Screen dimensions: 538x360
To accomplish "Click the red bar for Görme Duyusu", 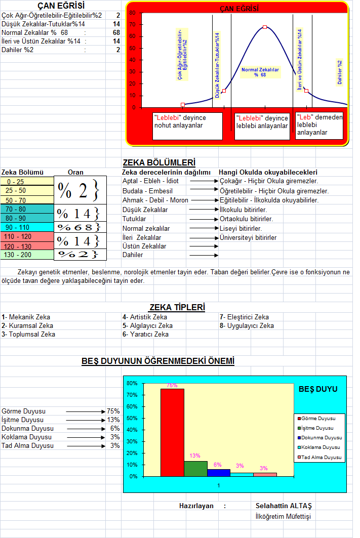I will pos(172,433).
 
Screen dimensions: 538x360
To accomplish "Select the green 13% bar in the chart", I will pos(195,469).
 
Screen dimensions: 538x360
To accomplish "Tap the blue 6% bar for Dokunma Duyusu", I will pos(218,473).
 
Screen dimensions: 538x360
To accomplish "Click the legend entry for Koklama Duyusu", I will pos(319,447).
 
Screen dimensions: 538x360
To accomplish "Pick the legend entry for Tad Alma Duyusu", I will pos(319,457).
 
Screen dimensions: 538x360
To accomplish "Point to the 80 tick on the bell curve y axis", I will pos(132,13).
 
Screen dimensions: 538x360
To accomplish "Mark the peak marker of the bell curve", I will pos(265,27).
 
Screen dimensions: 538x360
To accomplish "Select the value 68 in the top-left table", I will pos(116,33).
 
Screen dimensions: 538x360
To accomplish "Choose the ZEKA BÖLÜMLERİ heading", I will pos(159,163).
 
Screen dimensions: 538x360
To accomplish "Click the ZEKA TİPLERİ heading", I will pos(177,307).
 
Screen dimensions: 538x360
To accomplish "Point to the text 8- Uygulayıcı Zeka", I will pos(247,325).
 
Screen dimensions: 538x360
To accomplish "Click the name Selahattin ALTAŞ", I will pos(284,506).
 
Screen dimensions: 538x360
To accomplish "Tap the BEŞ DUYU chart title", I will pos(318,389).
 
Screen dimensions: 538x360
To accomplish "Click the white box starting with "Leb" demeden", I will pos(319,125).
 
